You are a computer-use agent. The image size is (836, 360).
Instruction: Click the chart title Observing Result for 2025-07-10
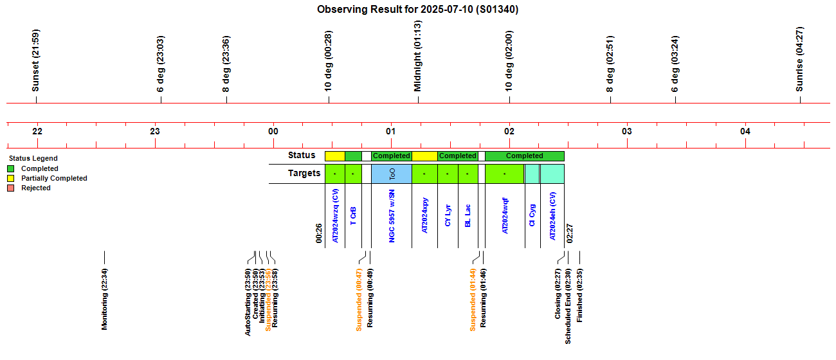coord(418,10)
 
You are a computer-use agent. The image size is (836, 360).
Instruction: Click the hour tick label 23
coord(155,131)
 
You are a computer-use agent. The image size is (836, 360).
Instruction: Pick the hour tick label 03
coord(627,131)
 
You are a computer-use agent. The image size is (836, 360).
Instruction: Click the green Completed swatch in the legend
coord(10,168)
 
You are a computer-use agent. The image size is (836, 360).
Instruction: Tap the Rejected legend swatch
coord(10,188)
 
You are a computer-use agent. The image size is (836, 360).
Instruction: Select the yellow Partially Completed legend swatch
coord(10,178)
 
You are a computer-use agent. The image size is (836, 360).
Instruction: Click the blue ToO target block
coord(391,174)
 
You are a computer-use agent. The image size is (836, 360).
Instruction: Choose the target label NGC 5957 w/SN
coord(392,216)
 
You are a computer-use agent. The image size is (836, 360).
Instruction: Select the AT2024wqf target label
coord(505,215)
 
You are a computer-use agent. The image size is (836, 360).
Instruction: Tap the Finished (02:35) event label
coord(579,294)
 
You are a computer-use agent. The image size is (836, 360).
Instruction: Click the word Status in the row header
coord(302,155)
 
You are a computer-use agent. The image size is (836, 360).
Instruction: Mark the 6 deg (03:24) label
coord(675,64)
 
